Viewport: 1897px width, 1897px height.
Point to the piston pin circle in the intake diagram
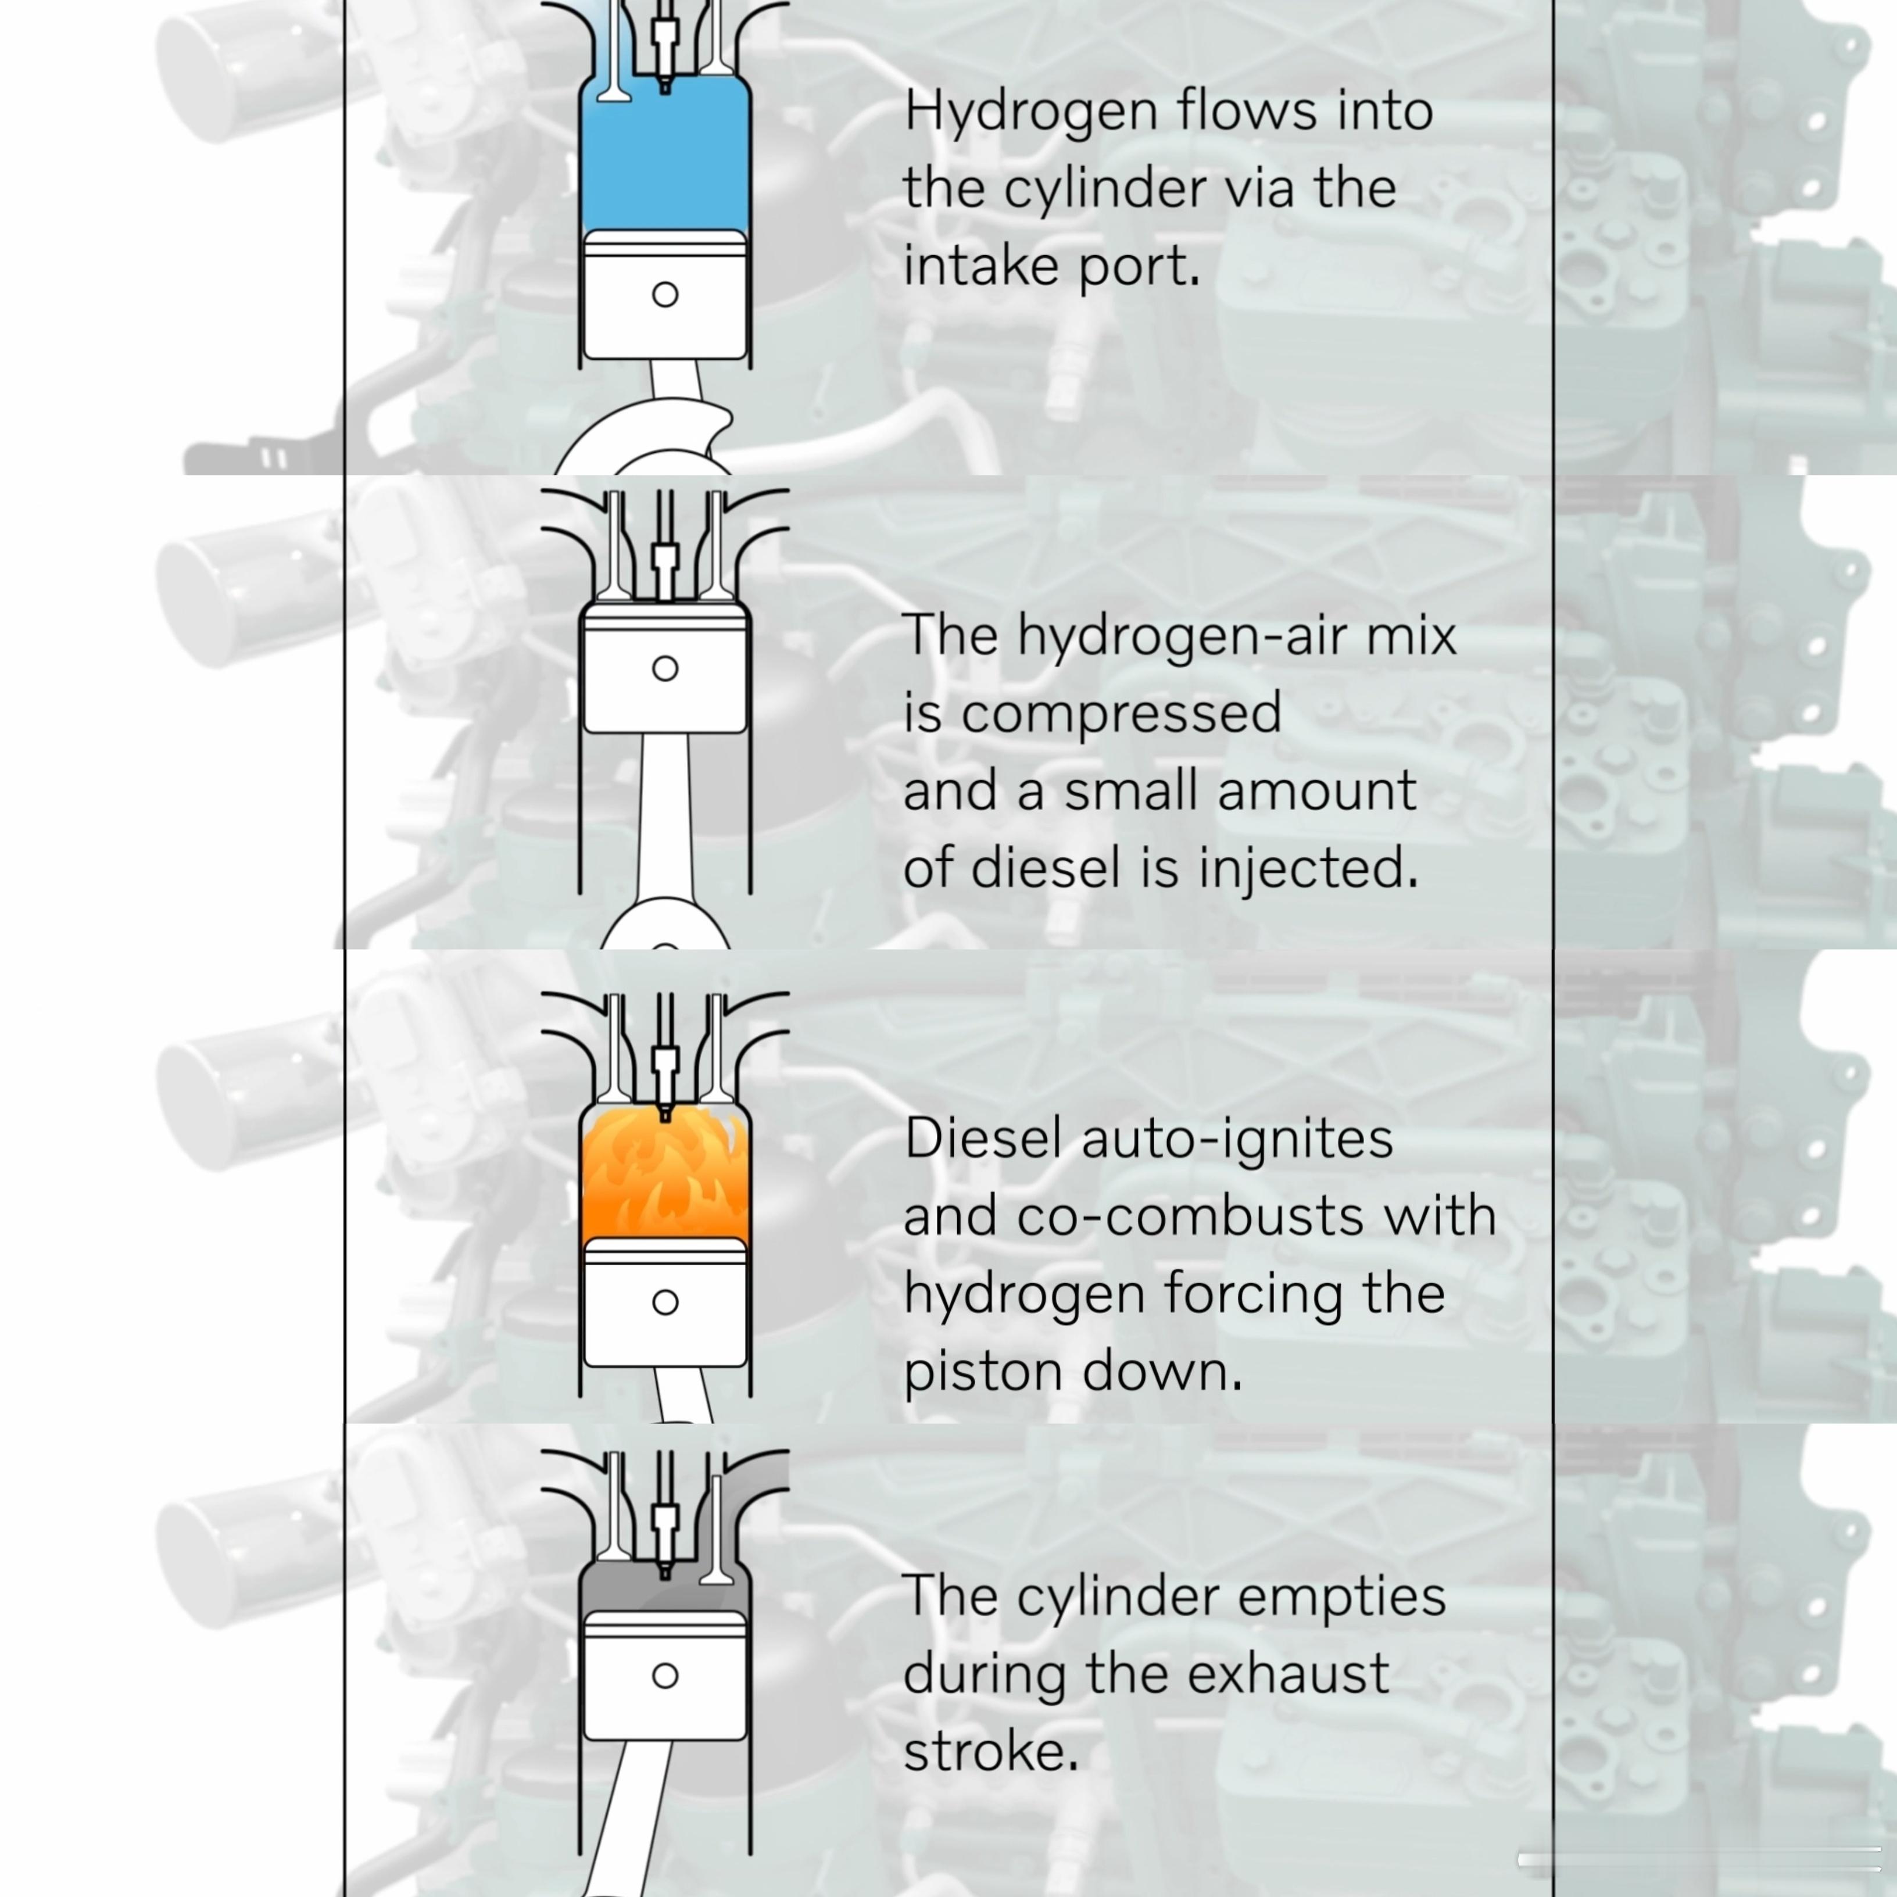click(665, 295)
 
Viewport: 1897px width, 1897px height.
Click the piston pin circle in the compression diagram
click(665, 669)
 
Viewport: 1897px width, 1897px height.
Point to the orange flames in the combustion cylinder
click(665, 1178)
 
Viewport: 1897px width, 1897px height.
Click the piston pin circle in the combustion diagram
click(665, 1302)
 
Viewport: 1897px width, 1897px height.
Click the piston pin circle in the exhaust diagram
click(665, 1676)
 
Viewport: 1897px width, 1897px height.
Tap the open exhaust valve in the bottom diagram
click(717, 1532)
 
